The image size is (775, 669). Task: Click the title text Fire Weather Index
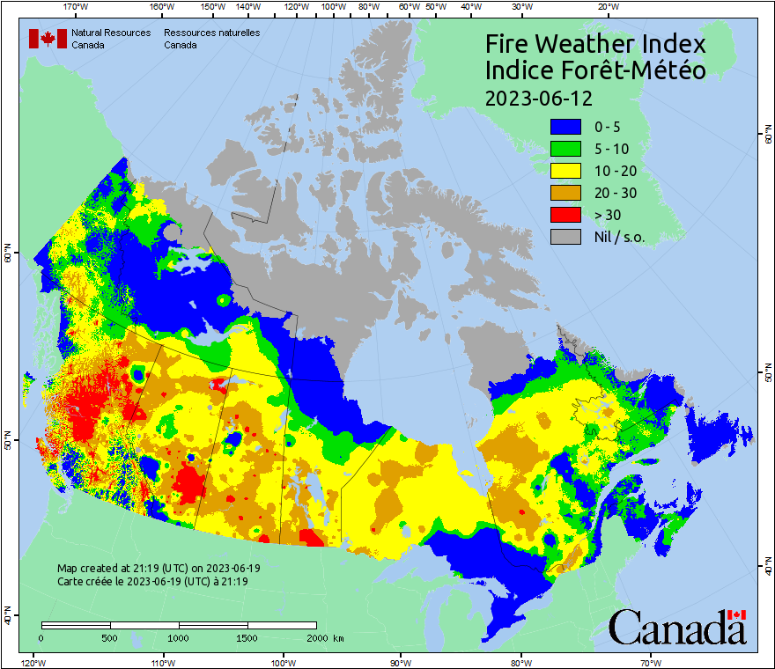pos(595,44)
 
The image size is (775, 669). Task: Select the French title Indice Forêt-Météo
pos(595,70)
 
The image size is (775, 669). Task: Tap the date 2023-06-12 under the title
pos(539,97)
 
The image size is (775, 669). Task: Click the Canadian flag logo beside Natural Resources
pos(48,39)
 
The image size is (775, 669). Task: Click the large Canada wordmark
pos(676,629)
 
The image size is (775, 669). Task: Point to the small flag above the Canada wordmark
pos(737,614)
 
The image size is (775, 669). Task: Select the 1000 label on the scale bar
pos(179,637)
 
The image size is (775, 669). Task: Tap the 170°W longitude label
pos(77,7)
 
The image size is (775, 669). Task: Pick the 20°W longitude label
pos(607,7)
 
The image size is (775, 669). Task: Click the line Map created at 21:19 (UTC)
pos(159,569)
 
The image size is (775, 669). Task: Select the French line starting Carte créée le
pos(152,582)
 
